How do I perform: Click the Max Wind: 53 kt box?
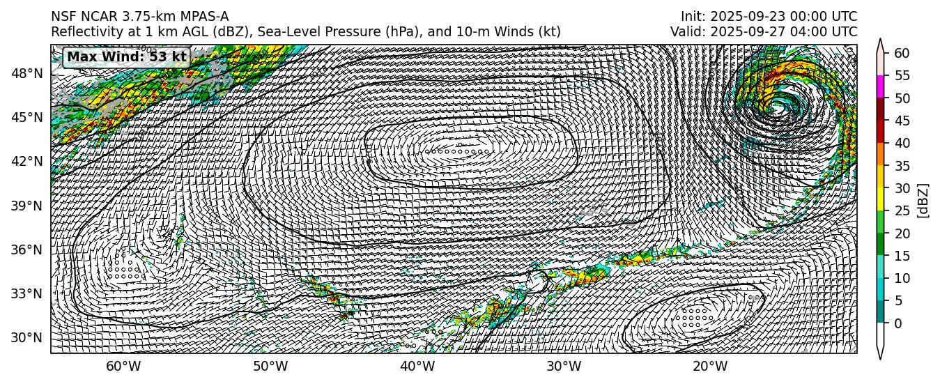(x=126, y=56)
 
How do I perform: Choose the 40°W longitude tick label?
(x=417, y=367)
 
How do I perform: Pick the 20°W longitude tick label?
(x=710, y=367)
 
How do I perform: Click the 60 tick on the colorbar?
(x=902, y=53)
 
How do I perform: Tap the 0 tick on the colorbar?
(x=898, y=323)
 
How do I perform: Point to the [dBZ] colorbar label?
(x=923, y=201)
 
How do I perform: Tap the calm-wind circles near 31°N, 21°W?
(x=695, y=317)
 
